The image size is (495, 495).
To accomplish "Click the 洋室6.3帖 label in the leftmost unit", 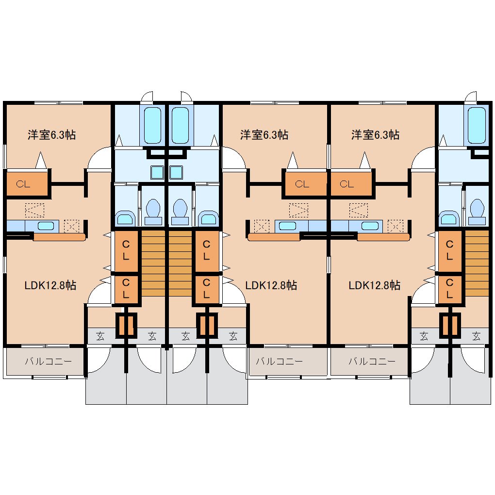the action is (x=52, y=135).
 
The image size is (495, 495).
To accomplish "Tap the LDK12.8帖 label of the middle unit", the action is (x=271, y=285).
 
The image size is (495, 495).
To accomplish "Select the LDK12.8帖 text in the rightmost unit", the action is (x=375, y=285).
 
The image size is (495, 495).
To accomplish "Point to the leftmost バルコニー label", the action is (x=49, y=361).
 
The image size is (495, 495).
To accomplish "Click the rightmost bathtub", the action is (x=477, y=125).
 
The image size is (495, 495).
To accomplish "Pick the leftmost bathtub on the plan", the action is (x=152, y=125).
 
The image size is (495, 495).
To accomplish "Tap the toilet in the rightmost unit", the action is (x=477, y=212).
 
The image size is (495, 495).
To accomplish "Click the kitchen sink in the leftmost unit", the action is (x=46, y=226).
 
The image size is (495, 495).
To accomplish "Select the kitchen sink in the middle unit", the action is (x=288, y=226).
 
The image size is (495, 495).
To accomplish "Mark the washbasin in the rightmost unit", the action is (x=448, y=218).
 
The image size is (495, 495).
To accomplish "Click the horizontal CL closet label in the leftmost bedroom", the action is (x=23, y=184).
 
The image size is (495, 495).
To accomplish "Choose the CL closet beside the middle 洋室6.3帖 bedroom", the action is (x=302, y=184).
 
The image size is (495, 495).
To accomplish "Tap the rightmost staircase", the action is (x=477, y=264).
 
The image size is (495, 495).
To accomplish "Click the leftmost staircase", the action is (x=153, y=264).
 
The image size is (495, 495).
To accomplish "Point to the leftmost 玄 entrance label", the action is (x=100, y=336).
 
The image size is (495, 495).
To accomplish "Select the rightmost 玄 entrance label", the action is (x=476, y=336).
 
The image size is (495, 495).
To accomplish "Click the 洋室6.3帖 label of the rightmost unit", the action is (x=375, y=135).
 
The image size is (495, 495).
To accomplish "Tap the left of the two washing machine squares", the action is (x=157, y=172).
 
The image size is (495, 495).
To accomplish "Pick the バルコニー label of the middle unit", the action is (x=279, y=361).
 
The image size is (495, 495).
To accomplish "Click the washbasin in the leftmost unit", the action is (x=125, y=218).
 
